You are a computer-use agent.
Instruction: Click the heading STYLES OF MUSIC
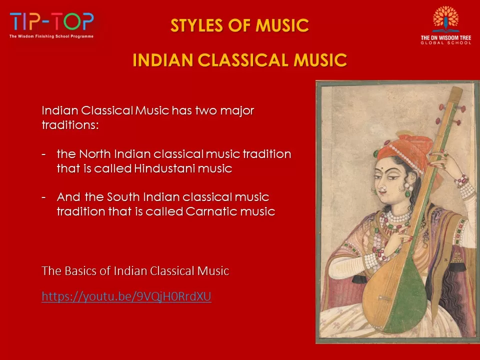tap(239, 25)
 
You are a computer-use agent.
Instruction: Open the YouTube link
tap(126, 296)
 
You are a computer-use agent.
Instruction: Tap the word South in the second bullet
tap(123, 197)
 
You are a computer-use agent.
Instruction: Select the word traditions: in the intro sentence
tap(70, 125)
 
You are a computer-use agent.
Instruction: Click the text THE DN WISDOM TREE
tap(446, 38)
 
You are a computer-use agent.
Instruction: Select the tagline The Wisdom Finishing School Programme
tap(51, 36)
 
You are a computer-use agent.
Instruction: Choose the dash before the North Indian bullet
tap(44, 154)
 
